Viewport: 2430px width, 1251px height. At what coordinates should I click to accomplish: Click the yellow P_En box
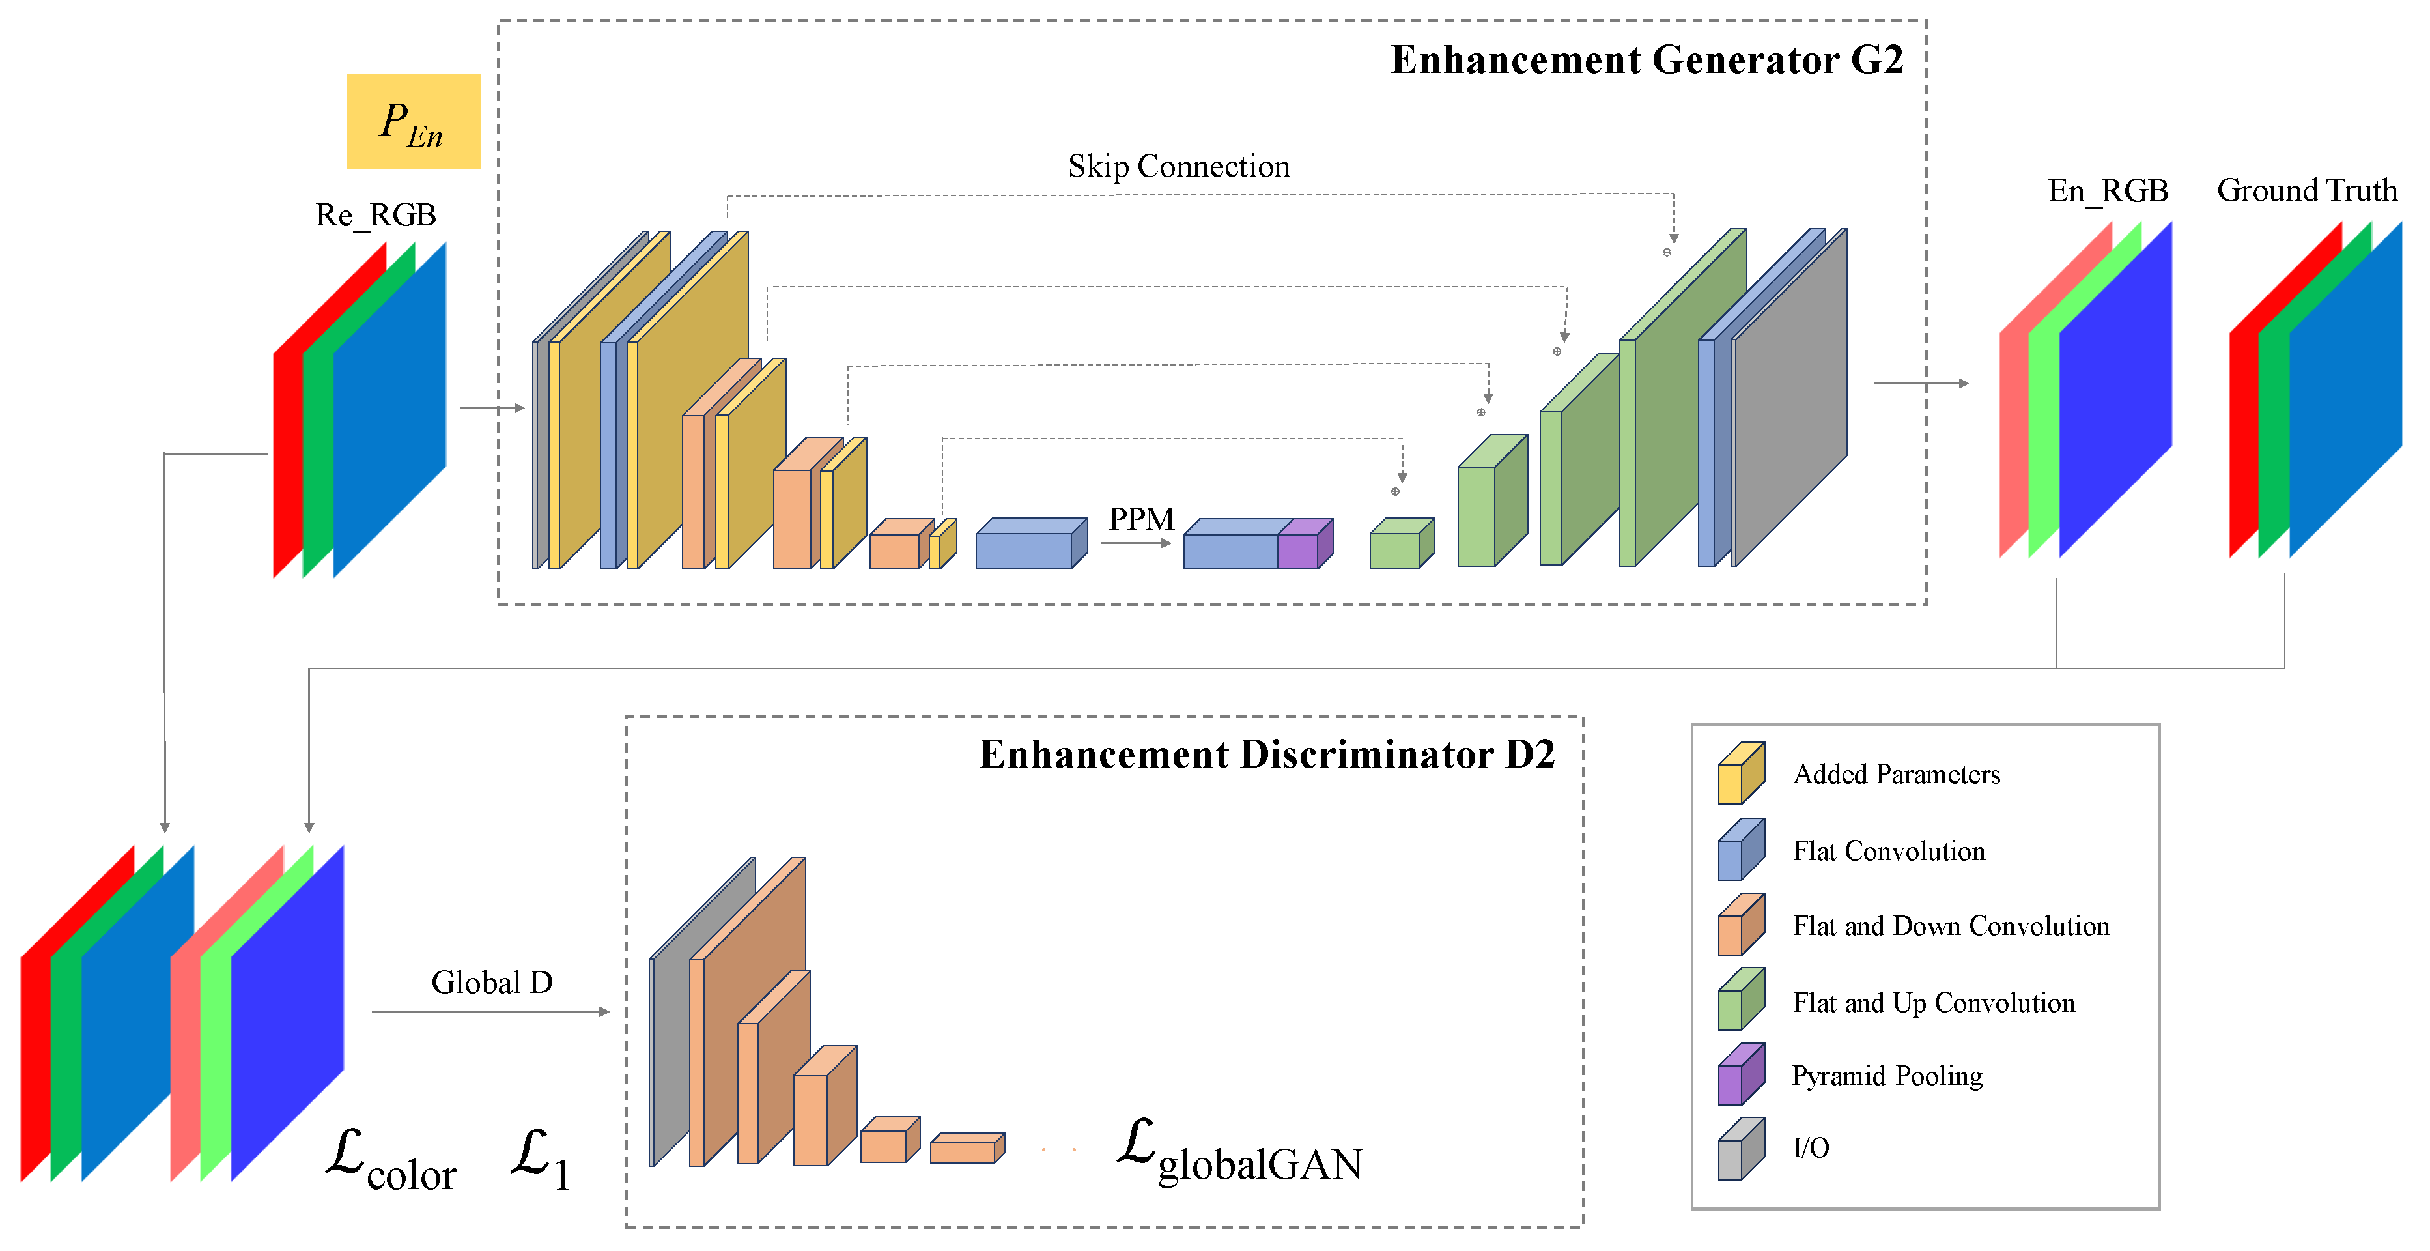tap(413, 122)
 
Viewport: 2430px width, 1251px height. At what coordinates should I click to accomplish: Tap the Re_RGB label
tap(375, 215)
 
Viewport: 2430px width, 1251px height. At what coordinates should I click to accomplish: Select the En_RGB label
tap(2108, 192)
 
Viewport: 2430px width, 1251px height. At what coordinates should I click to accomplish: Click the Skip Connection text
tap(1178, 167)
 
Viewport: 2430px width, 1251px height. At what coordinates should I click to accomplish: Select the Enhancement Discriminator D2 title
tap(1266, 755)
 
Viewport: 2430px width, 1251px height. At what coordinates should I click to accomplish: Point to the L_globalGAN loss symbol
tap(1239, 1153)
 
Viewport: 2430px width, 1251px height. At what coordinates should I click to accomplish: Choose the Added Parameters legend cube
tap(1740, 773)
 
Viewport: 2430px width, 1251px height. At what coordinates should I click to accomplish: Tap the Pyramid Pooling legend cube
tap(1740, 1074)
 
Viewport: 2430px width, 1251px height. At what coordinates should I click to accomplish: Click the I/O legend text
tap(1810, 1148)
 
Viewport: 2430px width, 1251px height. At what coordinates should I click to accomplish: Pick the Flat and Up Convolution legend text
tap(1933, 1003)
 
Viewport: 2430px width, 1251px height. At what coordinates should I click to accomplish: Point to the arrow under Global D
tap(490, 1011)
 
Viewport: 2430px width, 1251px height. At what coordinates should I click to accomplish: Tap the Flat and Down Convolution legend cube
tap(1740, 925)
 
